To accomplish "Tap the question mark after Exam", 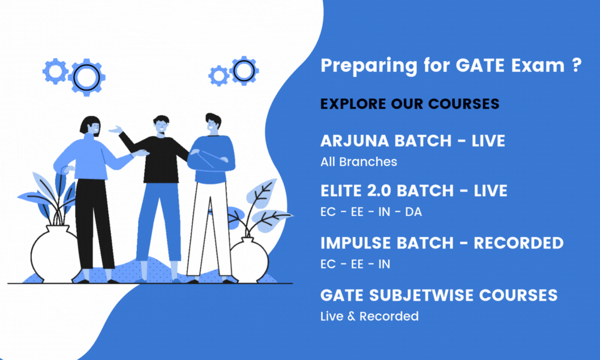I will [576, 65].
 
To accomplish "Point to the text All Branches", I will [358, 161].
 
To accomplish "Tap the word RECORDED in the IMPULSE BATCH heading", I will [518, 243].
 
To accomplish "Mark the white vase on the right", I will [249, 258].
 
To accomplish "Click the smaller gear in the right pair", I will [218, 76].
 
